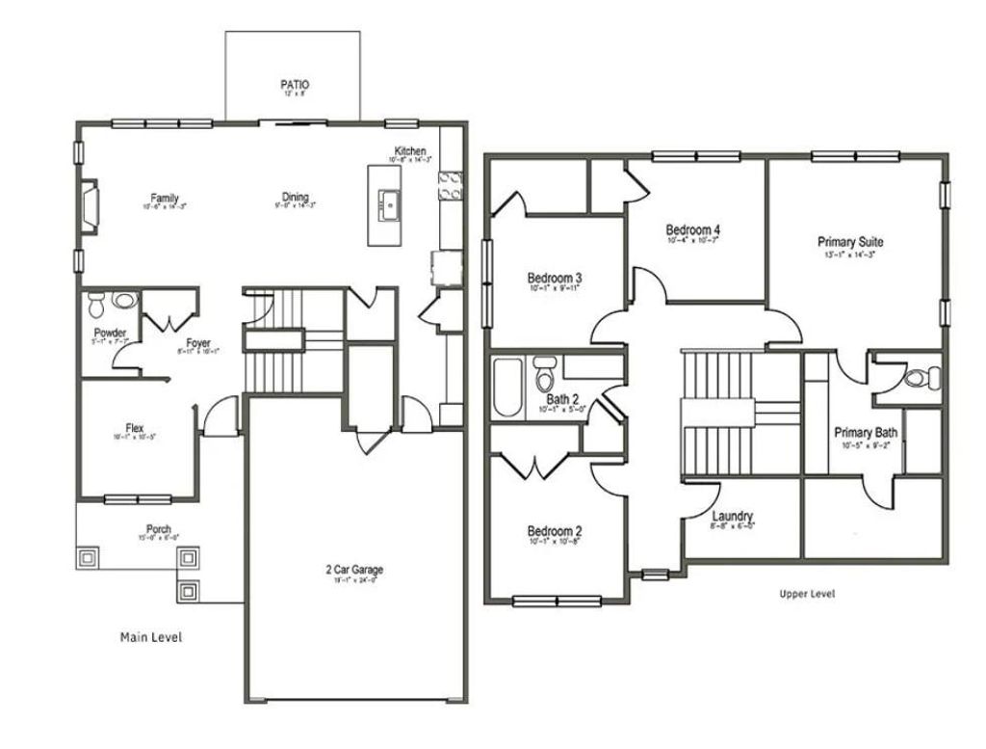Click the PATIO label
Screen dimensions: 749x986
pyautogui.click(x=296, y=85)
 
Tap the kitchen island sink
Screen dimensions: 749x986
pyautogui.click(x=390, y=203)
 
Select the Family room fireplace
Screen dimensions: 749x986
pyautogui.click(x=88, y=206)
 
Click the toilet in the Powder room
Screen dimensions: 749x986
pyautogui.click(x=96, y=308)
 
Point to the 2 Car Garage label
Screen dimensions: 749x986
pyautogui.click(x=354, y=570)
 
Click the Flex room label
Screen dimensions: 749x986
pyautogui.click(x=135, y=427)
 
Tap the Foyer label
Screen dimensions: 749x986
pyautogui.click(x=198, y=342)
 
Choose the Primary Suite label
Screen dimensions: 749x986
pyautogui.click(x=850, y=242)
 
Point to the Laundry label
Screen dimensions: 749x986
pyautogui.click(x=733, y=516)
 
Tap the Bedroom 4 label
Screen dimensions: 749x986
pyautogui.click(x=693, y=229)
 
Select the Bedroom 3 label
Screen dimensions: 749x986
pyautogui.click(x=555, y=278)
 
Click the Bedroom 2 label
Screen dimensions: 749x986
pyautogui.click(x=554, y=531)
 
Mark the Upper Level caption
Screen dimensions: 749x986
pyautogui.click(x=807, y=594)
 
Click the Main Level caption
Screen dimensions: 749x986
pyautogui.click(x=151, y=636)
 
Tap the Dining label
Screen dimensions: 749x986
pyautogui.click(x=296, y=198)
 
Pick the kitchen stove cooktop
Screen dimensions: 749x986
pyautogui.click(x=450, y=185)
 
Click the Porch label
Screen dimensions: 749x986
pyautogui.click(x=159, y=528)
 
